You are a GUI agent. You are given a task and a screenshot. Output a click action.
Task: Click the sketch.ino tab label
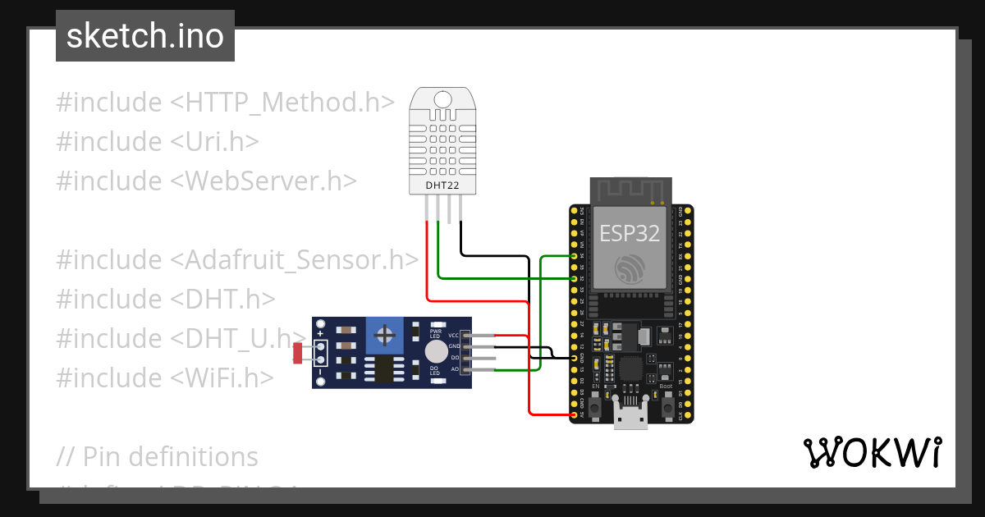[x=145, y=36]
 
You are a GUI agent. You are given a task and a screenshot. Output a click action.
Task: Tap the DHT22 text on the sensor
[x=442, y=185]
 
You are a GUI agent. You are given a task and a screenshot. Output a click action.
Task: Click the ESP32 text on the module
[x=630, y=233]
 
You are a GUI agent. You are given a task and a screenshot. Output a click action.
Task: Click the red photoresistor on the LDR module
[x=298, y=353]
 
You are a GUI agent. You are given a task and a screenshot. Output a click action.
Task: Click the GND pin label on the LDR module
[x=454, y=347]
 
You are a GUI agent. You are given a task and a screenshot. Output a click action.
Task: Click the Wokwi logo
[x=872, y=453]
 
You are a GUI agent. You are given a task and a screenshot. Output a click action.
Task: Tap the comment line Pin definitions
[x=158, y=456]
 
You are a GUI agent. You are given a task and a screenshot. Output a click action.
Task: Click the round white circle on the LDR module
[x=436, y=352]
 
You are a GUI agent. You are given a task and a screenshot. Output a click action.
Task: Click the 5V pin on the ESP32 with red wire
[x=574, y=414]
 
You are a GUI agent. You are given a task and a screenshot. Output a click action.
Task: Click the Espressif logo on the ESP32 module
[x=630, y=268]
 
